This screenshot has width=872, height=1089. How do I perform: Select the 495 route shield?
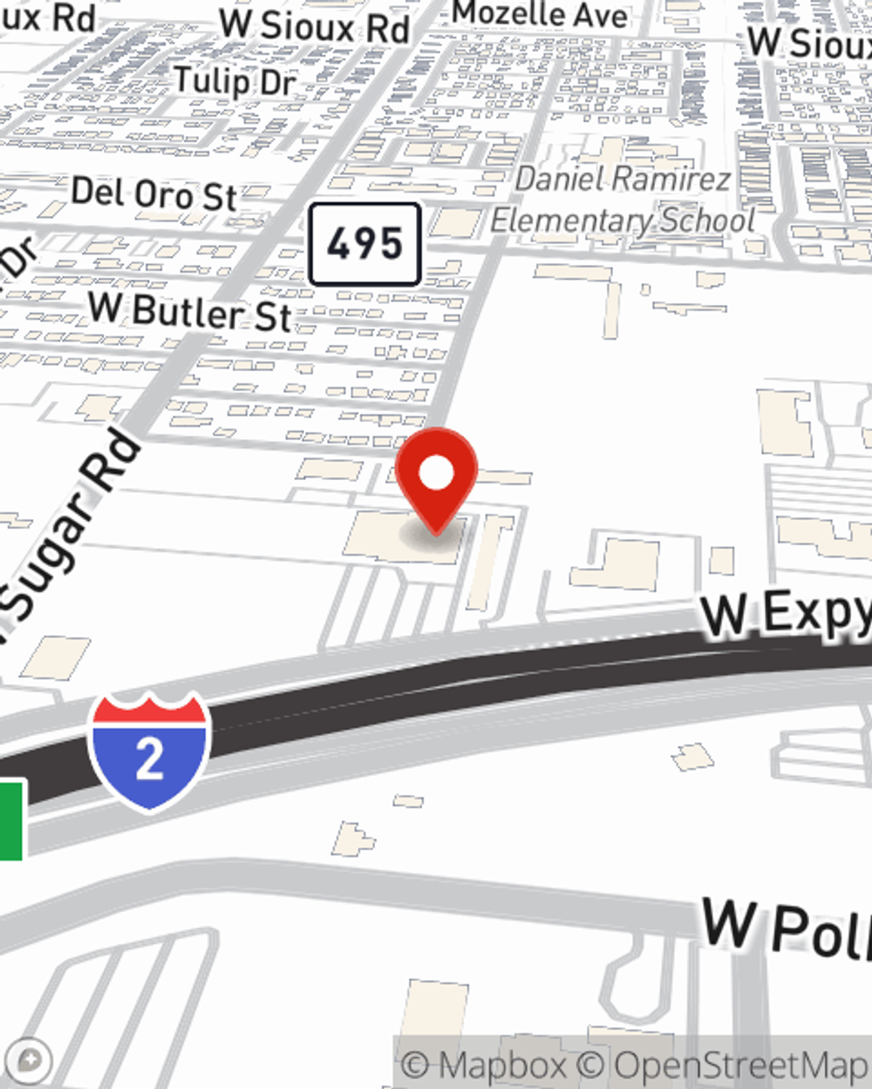(365, 244)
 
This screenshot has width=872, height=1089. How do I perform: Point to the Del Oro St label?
(153, 193)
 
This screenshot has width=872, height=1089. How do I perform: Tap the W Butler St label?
(190, 312)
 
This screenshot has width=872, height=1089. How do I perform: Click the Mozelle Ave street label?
(540, 15)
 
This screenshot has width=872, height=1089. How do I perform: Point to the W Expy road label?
(785, 612)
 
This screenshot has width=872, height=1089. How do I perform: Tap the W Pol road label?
(785, 927)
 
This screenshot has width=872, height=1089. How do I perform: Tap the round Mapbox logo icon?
(29, 1061)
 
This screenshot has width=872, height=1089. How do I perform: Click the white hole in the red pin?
(436, 473)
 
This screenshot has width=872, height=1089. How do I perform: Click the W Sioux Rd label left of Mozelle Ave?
(314, 26)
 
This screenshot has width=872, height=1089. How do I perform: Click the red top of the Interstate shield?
(149, 710)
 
